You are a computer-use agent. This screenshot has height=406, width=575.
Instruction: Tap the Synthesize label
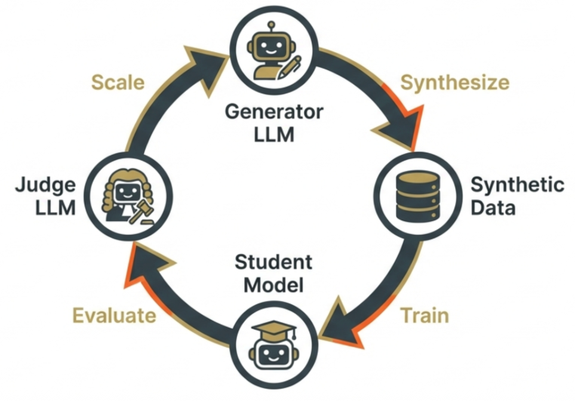[x=454, y=82]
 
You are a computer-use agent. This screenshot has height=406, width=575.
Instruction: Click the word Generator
[x=274, y=112]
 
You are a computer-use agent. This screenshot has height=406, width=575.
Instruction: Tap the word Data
[x=494, y=207]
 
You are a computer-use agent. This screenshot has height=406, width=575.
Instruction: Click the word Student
[x=272, y=263]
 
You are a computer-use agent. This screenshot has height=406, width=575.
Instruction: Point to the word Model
[x=272, y=285]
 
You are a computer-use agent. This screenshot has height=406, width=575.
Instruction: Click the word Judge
[x=47, y=185]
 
